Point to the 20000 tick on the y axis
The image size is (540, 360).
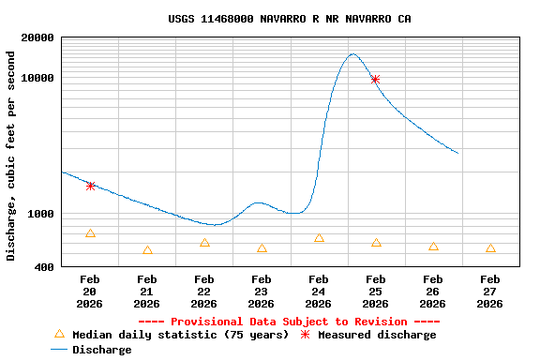(x=38, y=37)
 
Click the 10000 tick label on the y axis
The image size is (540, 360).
(x=38, y=79)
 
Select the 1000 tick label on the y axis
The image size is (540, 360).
(x=42, y=214)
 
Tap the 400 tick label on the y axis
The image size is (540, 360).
(x=46, y=268)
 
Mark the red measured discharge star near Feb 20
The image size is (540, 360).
(x=90, y=186)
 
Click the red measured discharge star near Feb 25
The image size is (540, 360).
(x=375, y=80)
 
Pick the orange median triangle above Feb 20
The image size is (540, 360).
(x=90, y=233)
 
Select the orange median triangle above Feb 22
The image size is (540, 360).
(x=204, y=243)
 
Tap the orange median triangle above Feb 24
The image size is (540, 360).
(x=319, y=238)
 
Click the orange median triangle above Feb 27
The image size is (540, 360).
(x=490, y=248)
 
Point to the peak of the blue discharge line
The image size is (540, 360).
(x=352, y=54)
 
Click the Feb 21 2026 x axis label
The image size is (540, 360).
(x=147, y=291)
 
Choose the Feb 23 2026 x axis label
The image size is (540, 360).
(x=262, y=291)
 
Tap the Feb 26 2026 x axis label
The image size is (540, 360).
(x=433, y=291)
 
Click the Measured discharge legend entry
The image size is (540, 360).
(x=376, y=335)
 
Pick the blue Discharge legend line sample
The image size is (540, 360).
(x=59, y=350)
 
